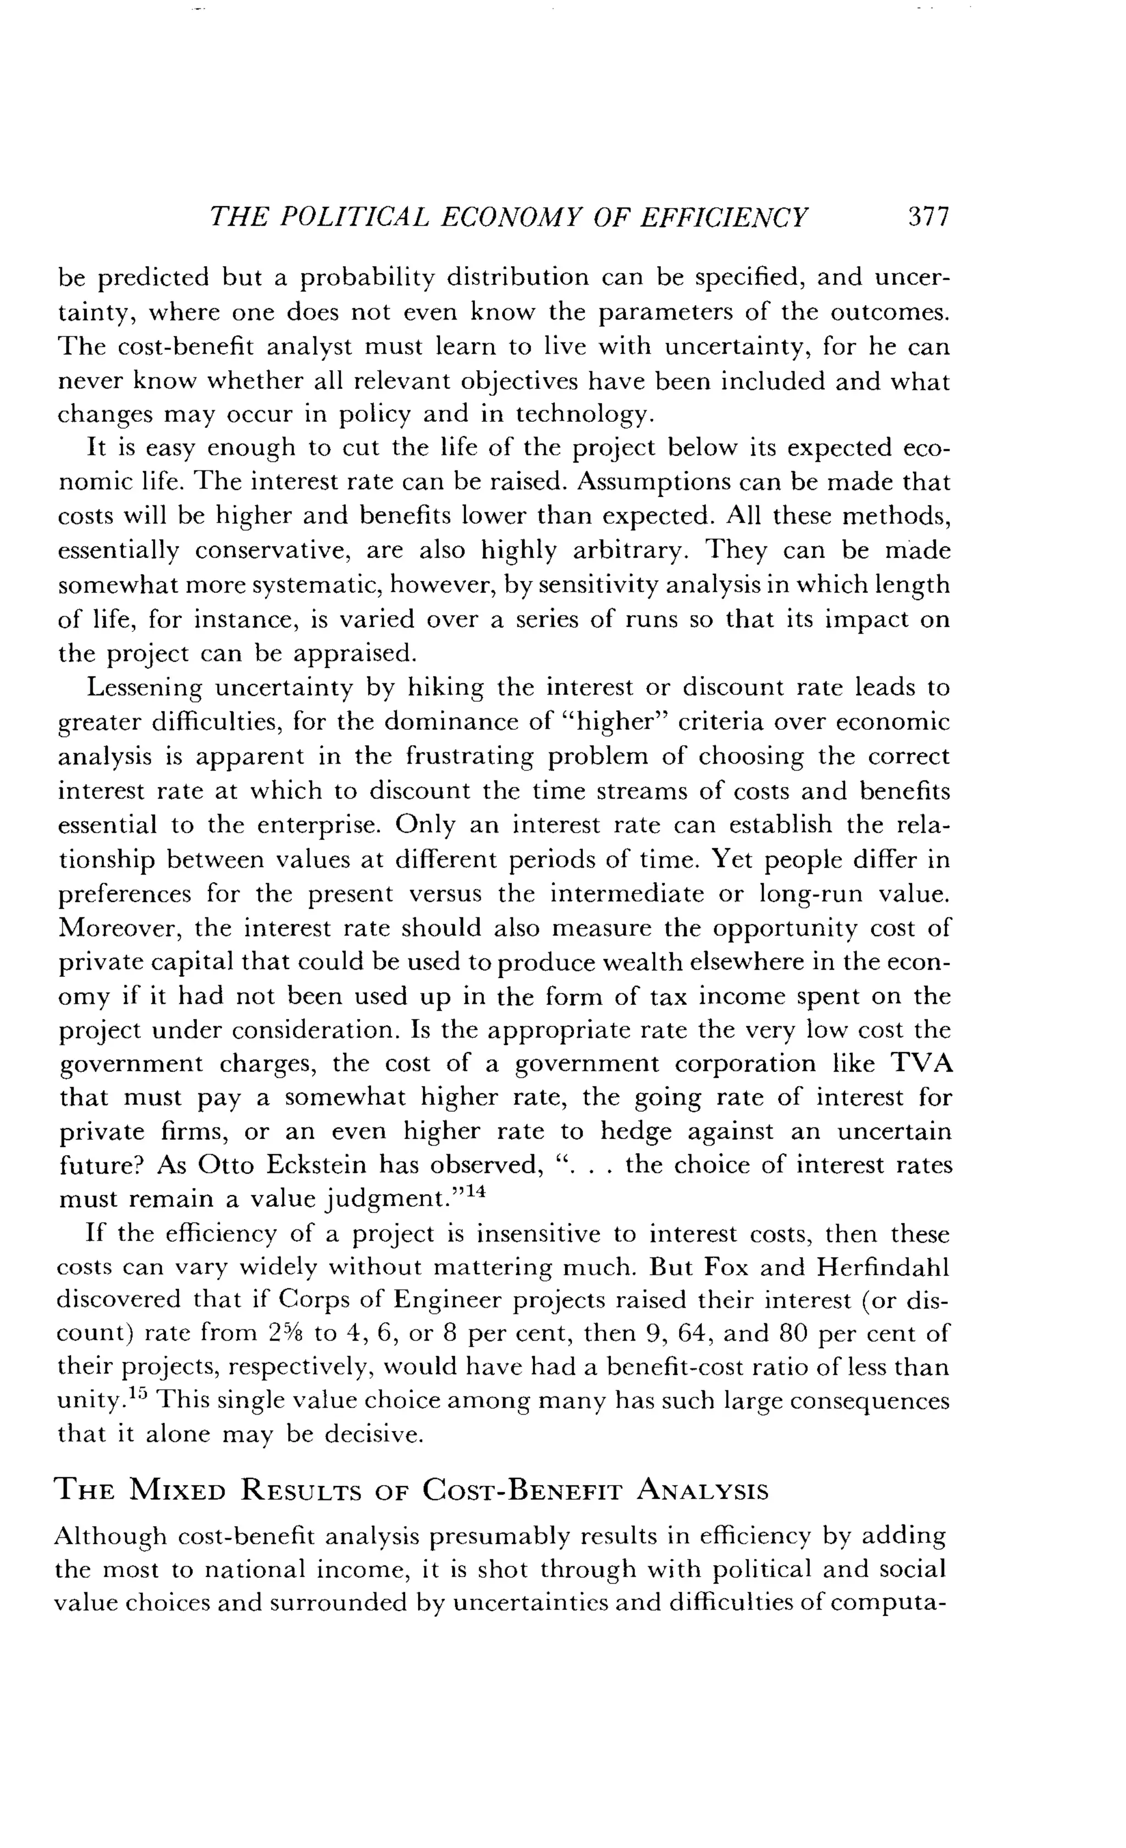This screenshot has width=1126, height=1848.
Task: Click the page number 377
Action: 928,217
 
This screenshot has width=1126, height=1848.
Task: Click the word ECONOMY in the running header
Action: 512,217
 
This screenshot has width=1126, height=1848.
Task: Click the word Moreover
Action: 119,928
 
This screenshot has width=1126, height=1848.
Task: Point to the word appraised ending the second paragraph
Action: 353,654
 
